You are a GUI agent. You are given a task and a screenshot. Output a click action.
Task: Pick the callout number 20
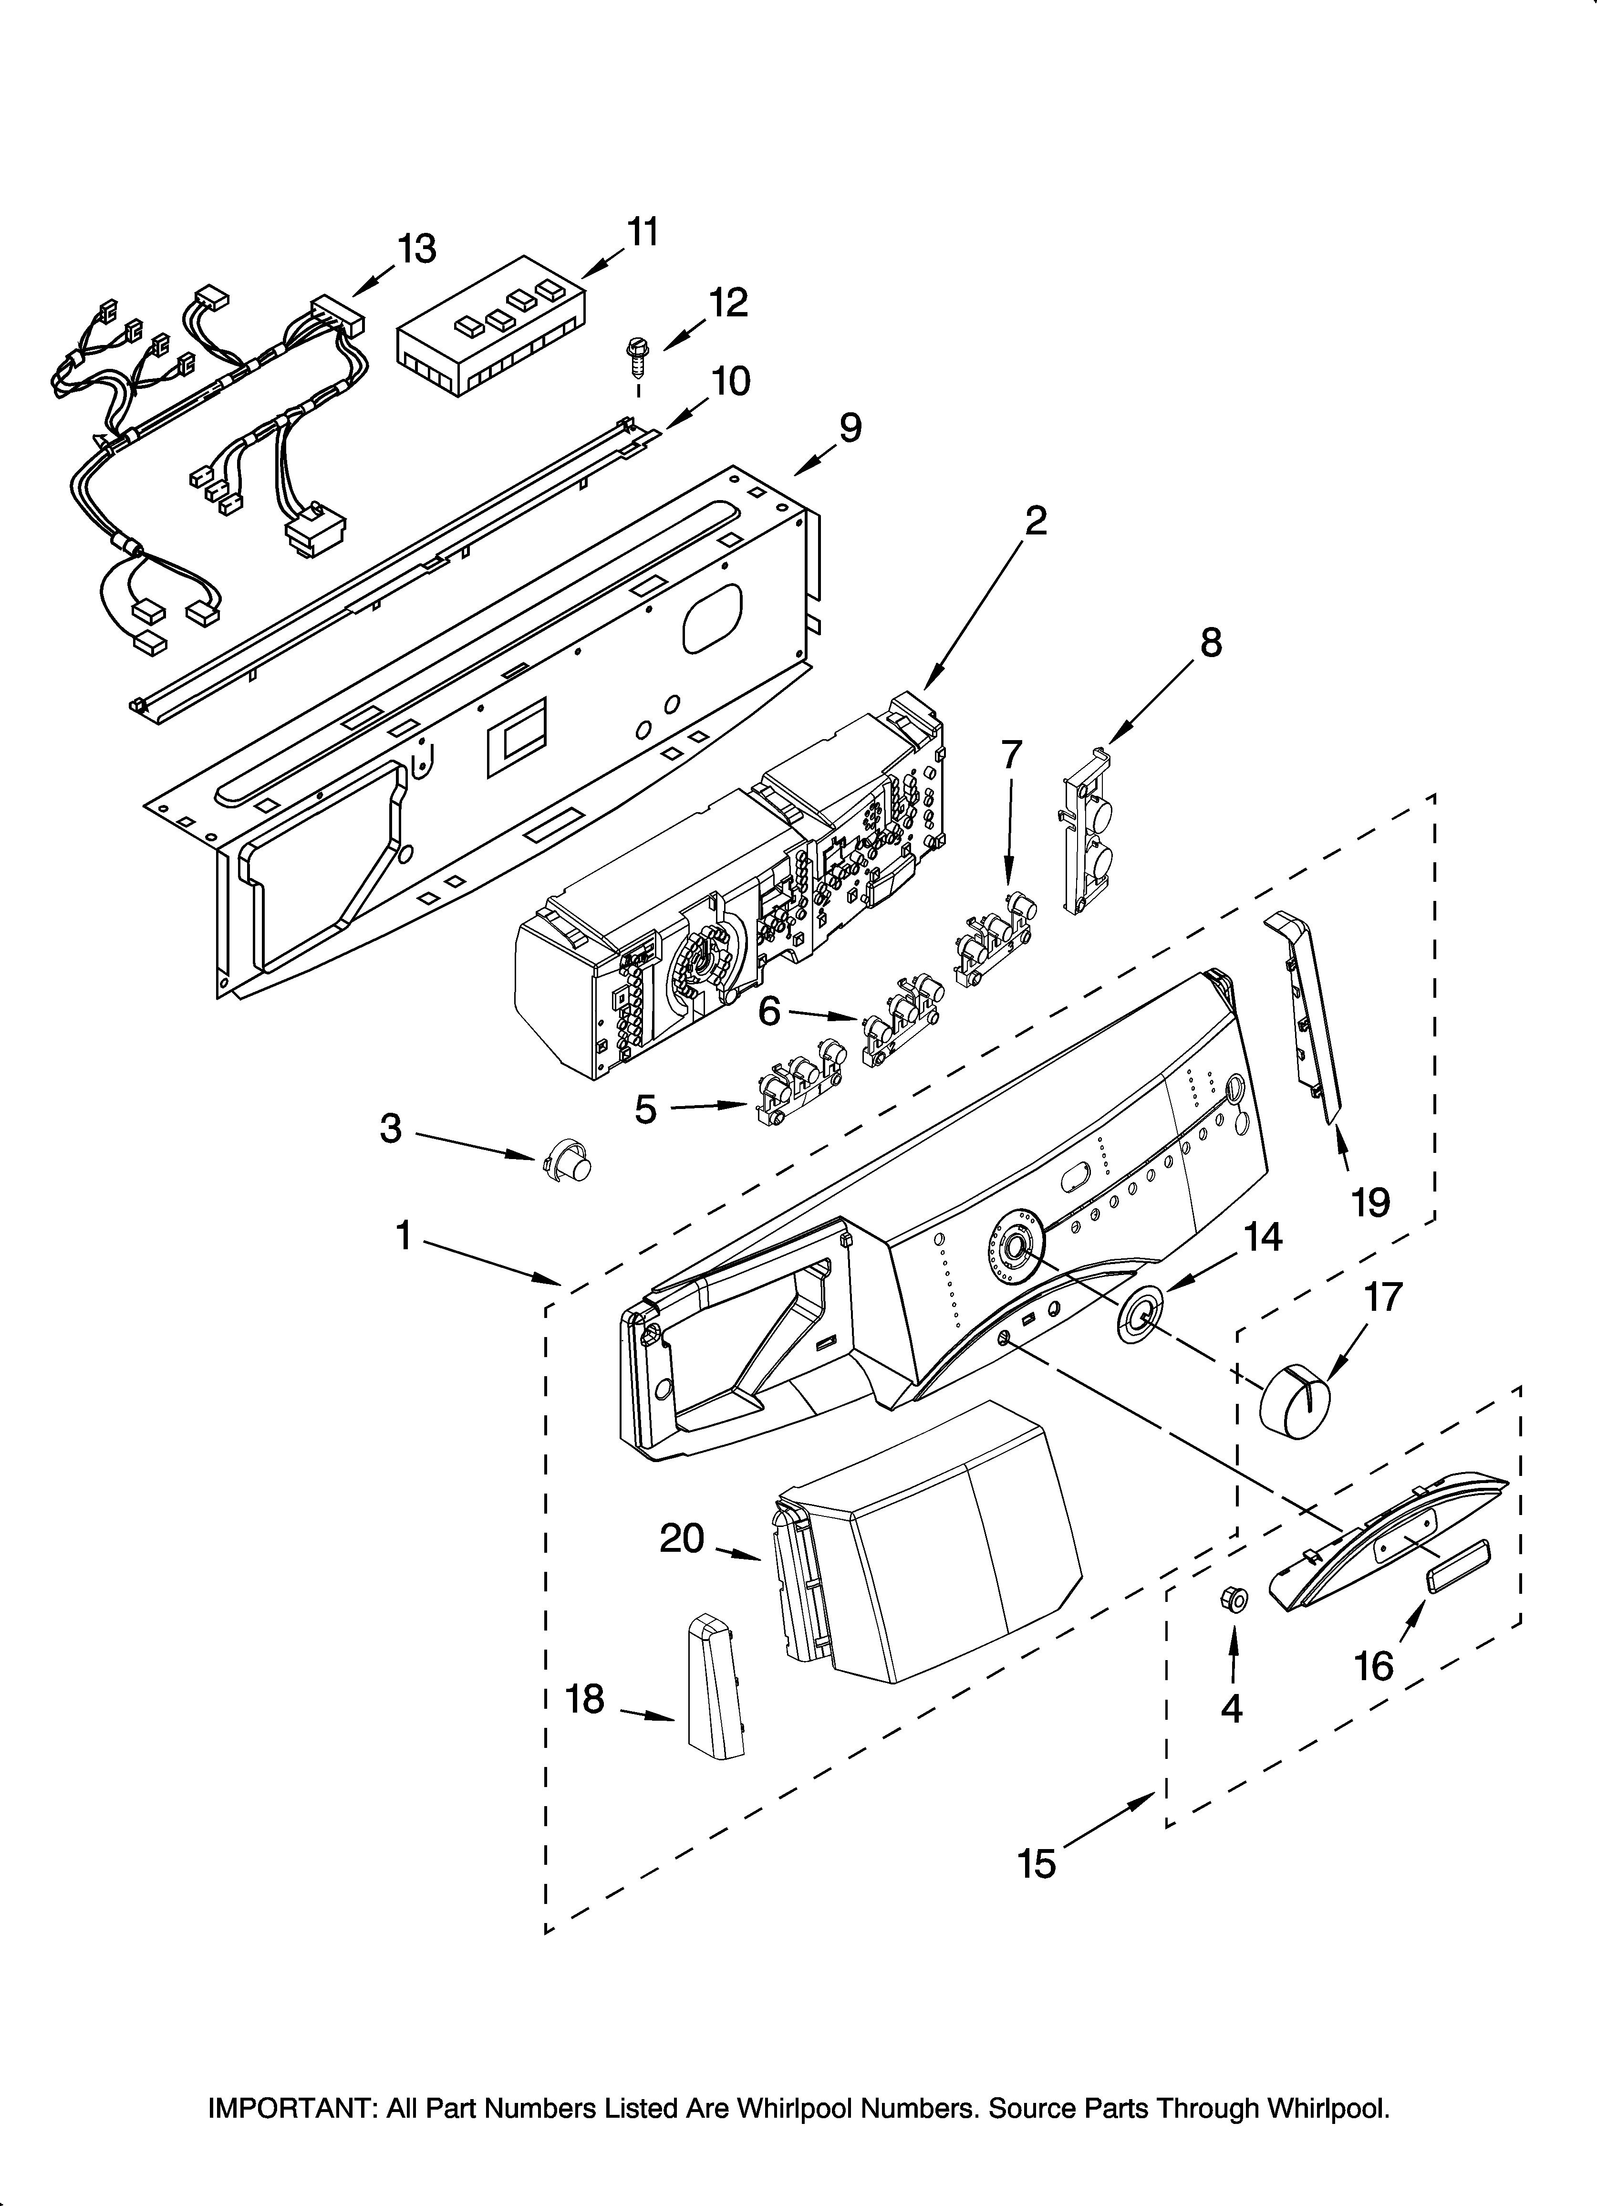(681, 1539)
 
